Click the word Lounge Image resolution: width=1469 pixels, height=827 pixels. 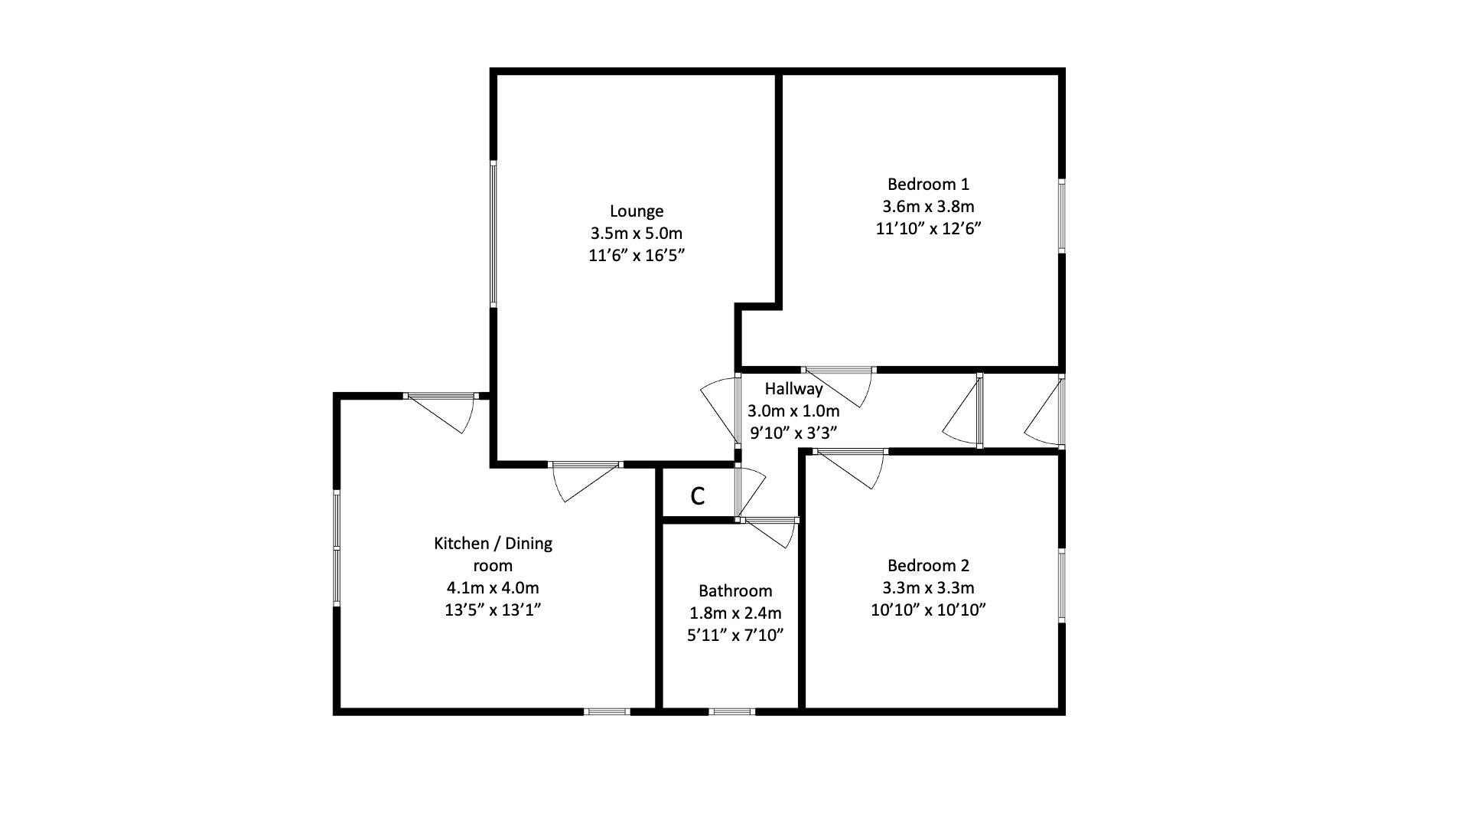click(x=636, y=211)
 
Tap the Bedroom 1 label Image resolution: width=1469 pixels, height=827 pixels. click(x=928, y=184)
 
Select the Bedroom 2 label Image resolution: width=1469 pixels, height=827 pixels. click(x=928, y=565)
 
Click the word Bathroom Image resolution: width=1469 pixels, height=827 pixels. click(x=735, y=590)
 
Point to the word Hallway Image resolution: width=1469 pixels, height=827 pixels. click(x=793, y=388)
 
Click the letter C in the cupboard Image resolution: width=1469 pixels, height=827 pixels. click(x=697, y=496)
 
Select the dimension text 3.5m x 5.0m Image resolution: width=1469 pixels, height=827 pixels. click(x=636, y=233)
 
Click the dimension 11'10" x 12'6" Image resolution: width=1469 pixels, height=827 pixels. click(x=928, y=228)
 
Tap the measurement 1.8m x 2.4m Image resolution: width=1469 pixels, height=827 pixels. click(x=735, y=613)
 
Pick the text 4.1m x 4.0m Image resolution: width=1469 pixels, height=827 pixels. click(x=493, y=588)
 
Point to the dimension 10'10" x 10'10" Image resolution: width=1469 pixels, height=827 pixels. click(x=928, y=610)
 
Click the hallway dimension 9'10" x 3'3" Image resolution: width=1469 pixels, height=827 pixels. click(x=793, y=433)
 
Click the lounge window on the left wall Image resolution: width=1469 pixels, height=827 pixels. click(x=493, y=234)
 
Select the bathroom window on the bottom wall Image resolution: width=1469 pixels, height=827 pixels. click(x=731, y=711)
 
